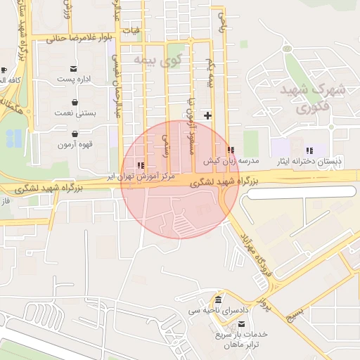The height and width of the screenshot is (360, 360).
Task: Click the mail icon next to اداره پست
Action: pyautogui.click(x=74, y=69)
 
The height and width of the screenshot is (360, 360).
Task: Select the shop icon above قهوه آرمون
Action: pyautogui.click(x=75, y=134)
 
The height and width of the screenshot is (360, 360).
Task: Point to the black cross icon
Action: pyautogui.click(x=207, y=115)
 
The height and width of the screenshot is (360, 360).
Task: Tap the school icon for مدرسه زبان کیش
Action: pyautogui.click(x=231, y=150)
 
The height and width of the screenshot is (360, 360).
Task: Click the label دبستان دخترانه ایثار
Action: pyautogui.click(x=310, y=161)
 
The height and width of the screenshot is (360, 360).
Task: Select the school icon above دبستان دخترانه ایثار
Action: pyautogui.click(x=309, y=150)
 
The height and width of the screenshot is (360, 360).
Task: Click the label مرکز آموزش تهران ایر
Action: pyautogui.click(x=140, y=176)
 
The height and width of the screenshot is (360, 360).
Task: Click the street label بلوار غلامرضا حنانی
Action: pyautogui.click(x=79, y=37)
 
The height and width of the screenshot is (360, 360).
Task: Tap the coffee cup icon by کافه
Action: pyautogui.click(x=4, y=70)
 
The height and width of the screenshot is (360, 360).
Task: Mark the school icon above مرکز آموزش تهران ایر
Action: pyautogui.click(x=141, y=166)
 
